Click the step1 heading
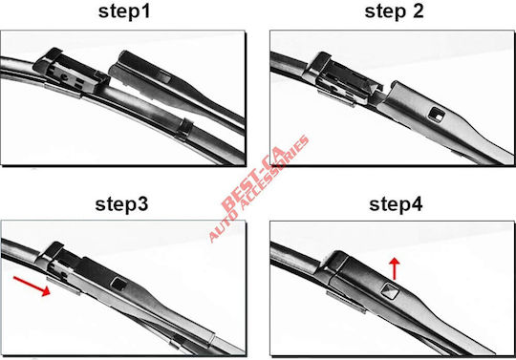pyautogui.click(x=124, y=11)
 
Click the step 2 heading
pyautogui.click(x=394, y=11)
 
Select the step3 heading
pyautogui.click(x=121, y=204)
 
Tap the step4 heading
pyautogui.click(x=396, y=204)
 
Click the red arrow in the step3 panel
pyautogui.click(x=32, y=286)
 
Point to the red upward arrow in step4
pyautogui.click(x=394, y=268)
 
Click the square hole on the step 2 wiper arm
pyautogui.click(x=437, y=115)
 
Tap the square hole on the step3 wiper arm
pyautogui.click(x=118, y=284)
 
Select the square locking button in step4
pyautogui.click(x=390, y=290)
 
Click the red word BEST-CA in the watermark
pyautogui.click(x=252, y=180)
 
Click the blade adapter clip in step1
pyautogui.click(x=71, y=74)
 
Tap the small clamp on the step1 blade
pyautogui.click(x=184, y=128)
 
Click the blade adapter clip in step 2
pyautogui.click(x=342, y=79)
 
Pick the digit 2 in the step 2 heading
pyautogui.click(x=417, y=11)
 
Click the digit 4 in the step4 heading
pyautogui.click(x=416, y=203)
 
